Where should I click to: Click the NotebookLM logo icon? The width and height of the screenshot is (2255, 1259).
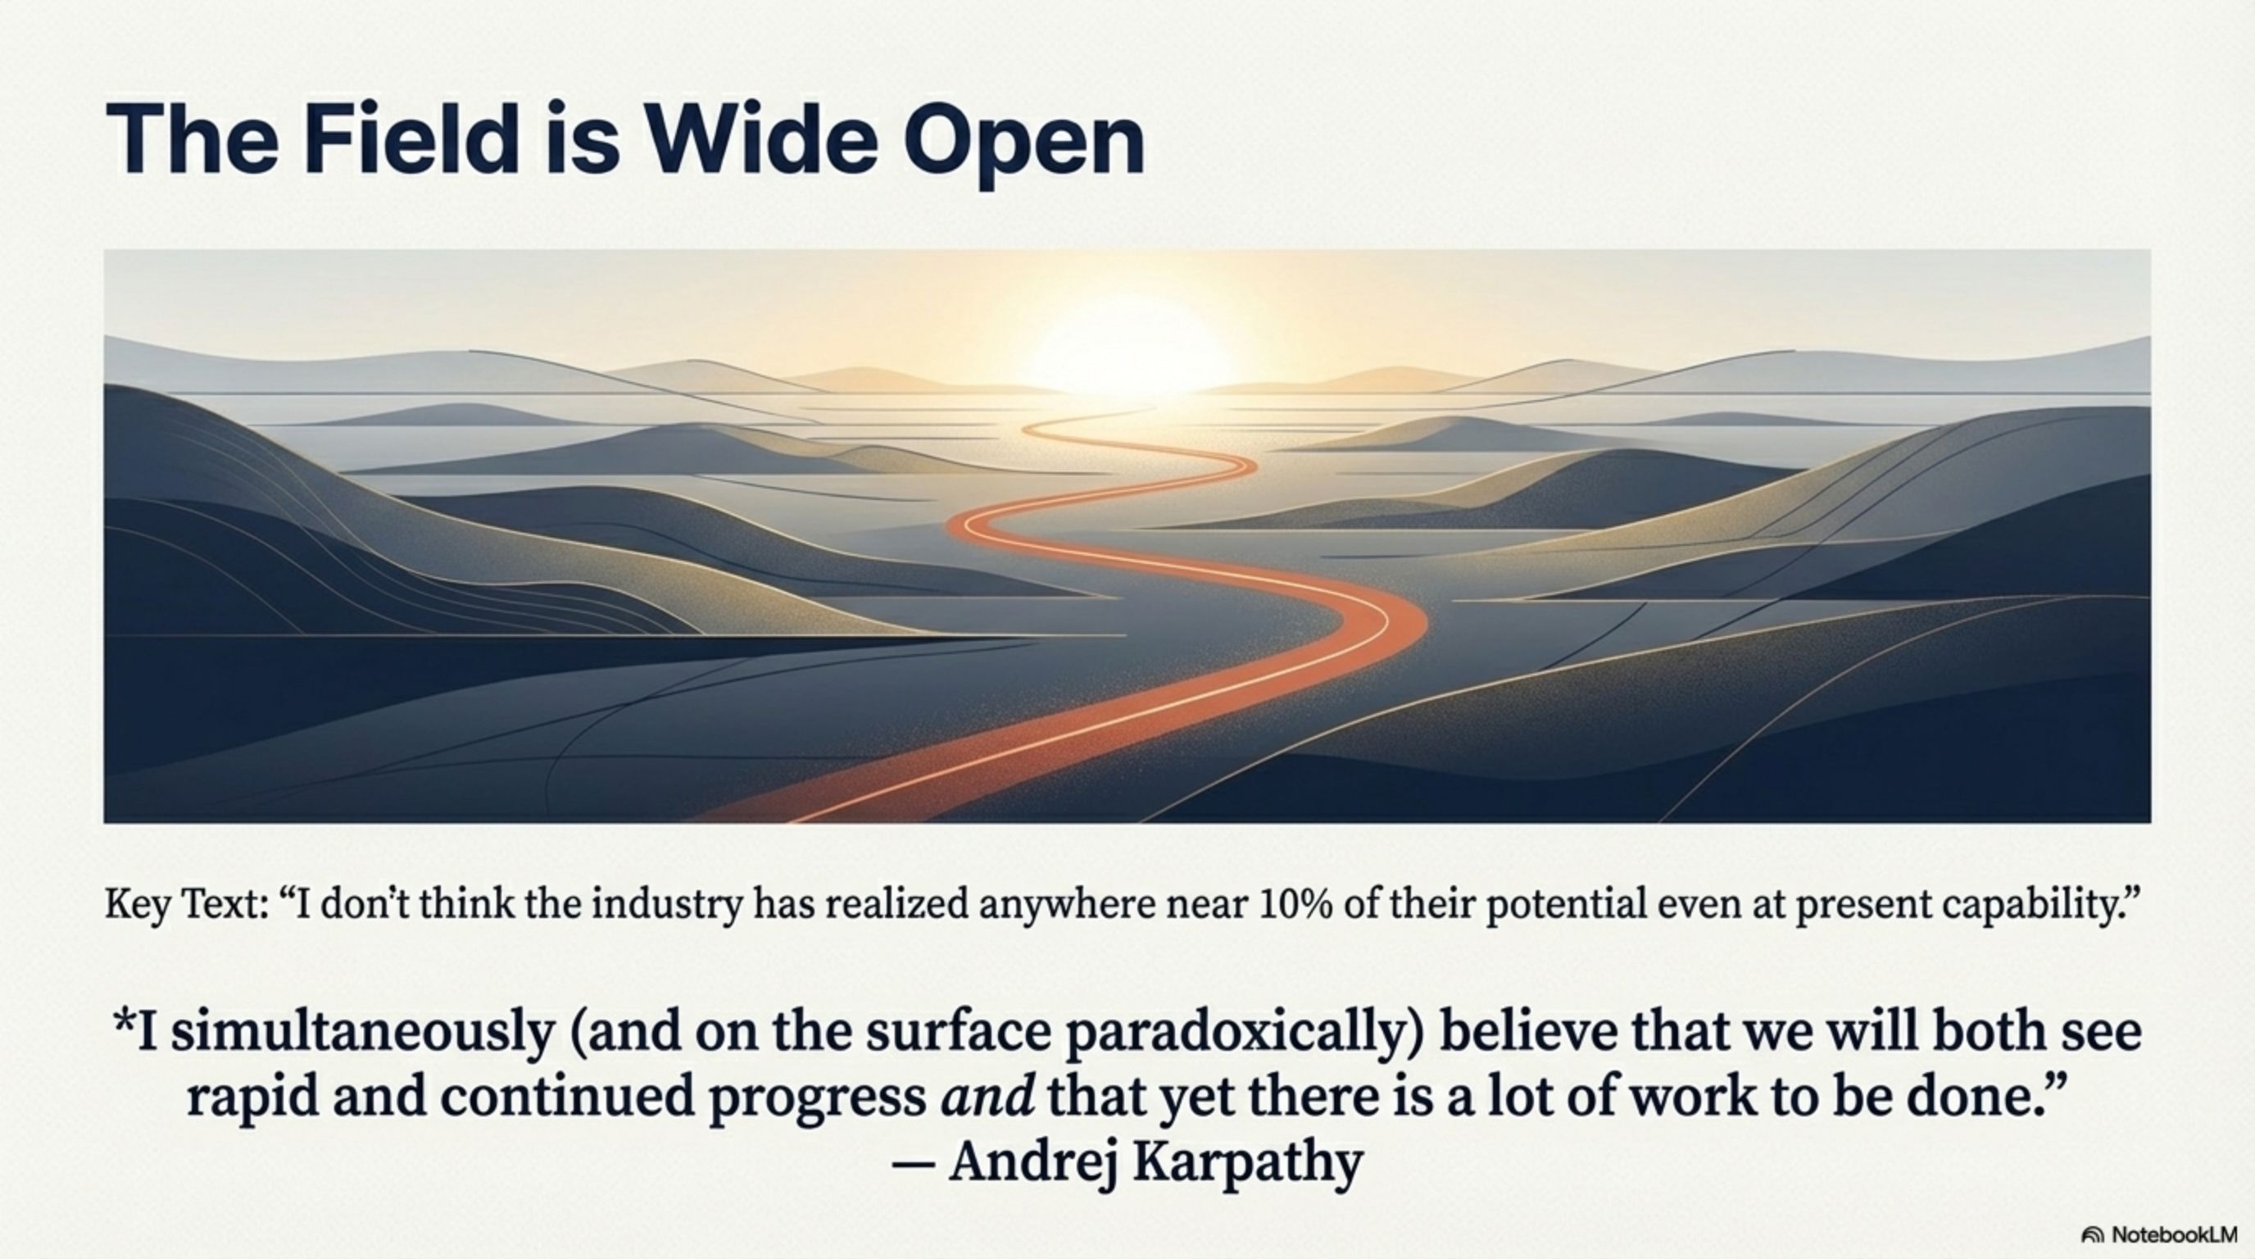coord(2093,1235)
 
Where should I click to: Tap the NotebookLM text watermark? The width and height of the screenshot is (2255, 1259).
coord(2174,1234)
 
